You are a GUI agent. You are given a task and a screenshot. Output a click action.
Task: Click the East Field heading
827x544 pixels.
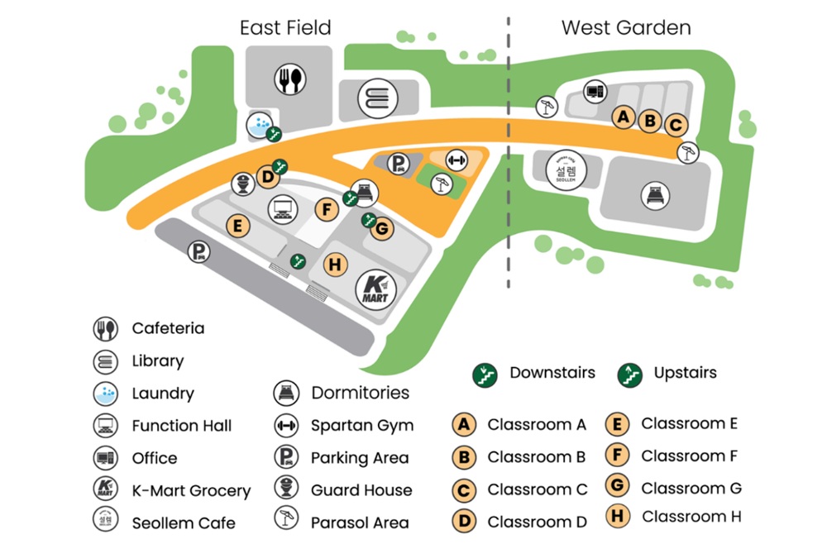coord(285,27)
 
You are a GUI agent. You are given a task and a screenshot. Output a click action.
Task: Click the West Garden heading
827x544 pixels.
coord(626,27)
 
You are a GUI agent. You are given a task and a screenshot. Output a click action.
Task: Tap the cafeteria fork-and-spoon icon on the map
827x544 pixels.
coord(289,79)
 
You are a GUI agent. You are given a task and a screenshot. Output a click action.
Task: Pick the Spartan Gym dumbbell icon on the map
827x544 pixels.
coord(456,159)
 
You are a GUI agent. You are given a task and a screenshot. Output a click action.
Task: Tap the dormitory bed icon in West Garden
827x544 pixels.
coord(655,196)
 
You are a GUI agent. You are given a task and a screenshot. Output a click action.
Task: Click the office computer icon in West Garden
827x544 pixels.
coord(594,91)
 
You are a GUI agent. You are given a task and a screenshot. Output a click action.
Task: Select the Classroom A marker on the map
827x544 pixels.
coord(624,117)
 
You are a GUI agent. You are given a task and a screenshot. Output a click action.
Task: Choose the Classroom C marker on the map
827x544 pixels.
coord(675,125)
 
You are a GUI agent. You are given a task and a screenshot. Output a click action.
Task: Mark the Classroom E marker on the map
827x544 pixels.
coord(238,226)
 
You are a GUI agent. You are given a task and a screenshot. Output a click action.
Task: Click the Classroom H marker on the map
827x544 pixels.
coord(334,265)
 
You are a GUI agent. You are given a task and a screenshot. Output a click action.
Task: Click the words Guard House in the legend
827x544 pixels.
coord(361,490)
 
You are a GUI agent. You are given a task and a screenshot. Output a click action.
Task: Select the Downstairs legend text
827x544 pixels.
coord(552,372)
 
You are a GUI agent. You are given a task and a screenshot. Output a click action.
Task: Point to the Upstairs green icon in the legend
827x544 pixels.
coord(631,375)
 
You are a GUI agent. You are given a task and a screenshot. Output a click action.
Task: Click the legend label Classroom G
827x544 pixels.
coord(691,488)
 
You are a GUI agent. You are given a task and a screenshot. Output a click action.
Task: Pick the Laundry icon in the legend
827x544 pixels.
coord(105,394)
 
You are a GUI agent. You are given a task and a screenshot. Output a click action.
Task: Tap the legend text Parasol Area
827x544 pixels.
coord(360,523)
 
